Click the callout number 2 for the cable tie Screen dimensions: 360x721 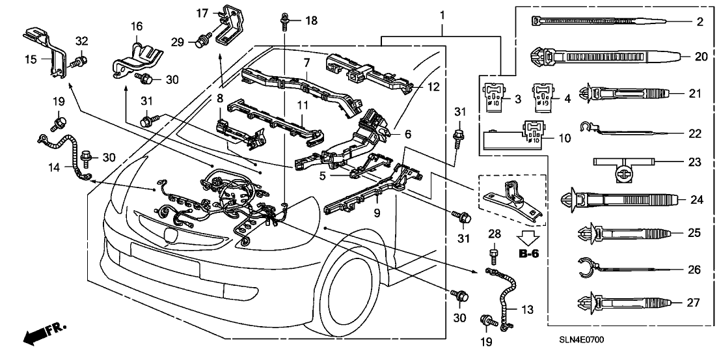pyautogui.click(x=700, y=22)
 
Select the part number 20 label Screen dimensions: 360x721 pyautogui.click(x=701, y=57)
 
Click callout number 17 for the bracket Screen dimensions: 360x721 pyautogui.click(x=202, y=12)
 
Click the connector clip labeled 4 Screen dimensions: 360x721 pyautogui.click(x=542, y=95)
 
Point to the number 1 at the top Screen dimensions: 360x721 pyautogui.click(x=442, y=14)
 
